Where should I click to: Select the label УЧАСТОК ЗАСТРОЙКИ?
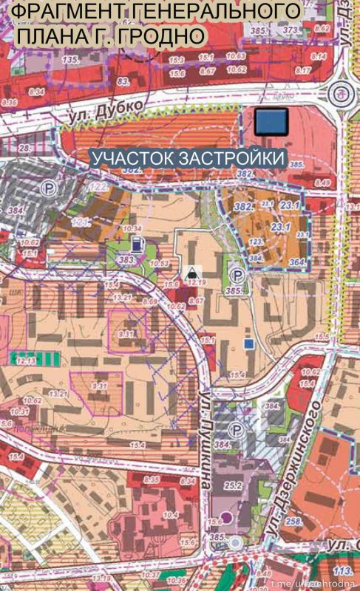tap(188, 158)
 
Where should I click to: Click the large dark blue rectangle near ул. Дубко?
tap(272, 121)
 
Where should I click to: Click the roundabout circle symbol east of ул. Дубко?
tap(341, 92)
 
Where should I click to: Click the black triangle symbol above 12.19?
tap(193, 270)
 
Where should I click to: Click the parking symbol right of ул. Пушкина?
tap(237, 430)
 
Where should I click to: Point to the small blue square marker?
tap(249, 344)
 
